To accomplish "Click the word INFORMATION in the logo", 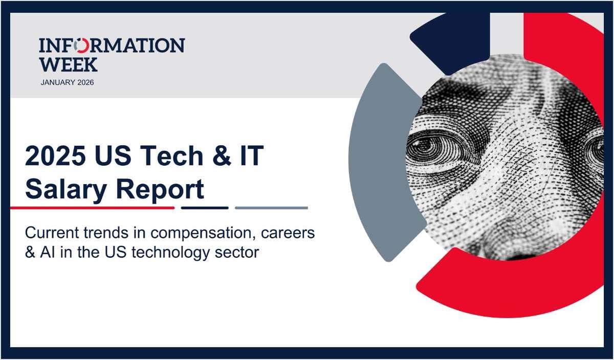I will pyautogui.click(x=112, y=46).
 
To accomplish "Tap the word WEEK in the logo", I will pyautogui.click(x=68, y=64).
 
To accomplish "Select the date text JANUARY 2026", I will pyautogui.click(x=67, y=82).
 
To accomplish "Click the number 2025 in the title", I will pyautogui.click(x=55, y=156).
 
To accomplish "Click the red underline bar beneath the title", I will pyautogui.click(x=92, y=208).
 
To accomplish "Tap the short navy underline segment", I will pyautogui.click(x=205, y=208).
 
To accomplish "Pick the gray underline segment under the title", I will pyautogui.click(x=271, y=208).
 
